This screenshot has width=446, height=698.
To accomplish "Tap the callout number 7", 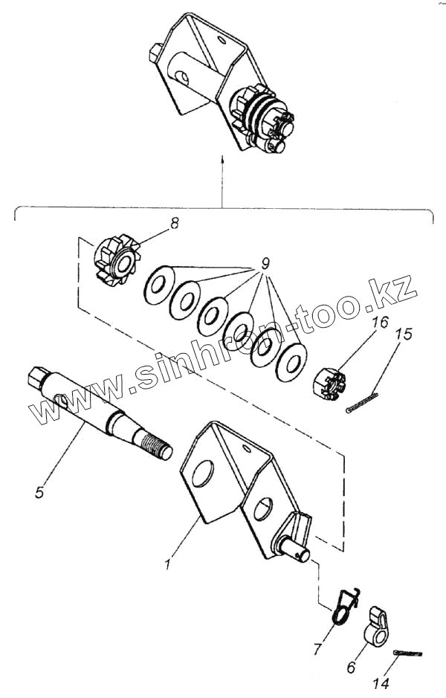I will point(317,649).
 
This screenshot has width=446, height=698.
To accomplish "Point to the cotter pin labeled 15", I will point(363,401).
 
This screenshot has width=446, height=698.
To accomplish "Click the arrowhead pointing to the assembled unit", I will point(222,158).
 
